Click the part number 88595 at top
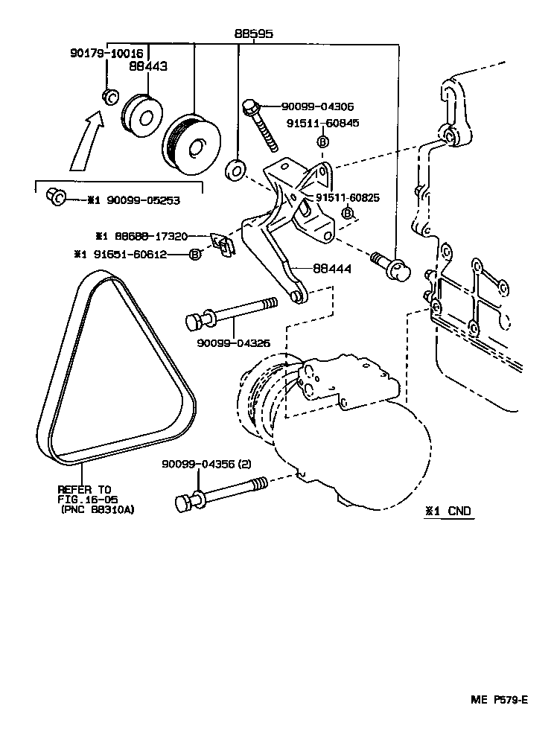click(253, 34)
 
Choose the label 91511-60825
click(350, 197)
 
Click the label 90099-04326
click(233, 343)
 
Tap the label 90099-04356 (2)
click(206, 464)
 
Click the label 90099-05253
click(143, 200)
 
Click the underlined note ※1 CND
click(448, 512)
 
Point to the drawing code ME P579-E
click(498, 700)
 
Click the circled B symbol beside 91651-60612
click(194, 255)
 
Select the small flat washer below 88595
click(237, 169)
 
